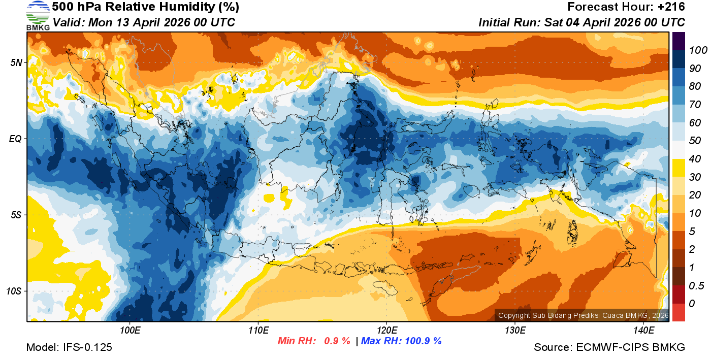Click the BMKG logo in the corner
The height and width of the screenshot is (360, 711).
click(x=38, y=15)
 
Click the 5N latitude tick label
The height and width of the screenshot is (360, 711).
click(x=16, y=63)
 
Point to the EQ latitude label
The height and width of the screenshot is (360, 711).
click(x=16, y=139)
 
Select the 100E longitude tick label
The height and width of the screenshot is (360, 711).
click(x=130, y=331)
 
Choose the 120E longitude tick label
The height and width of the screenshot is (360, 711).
click(x=386, y=331)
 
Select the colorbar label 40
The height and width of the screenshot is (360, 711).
click(x=695, y=159)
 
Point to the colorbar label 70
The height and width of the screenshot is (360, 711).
click(x=695, y=105)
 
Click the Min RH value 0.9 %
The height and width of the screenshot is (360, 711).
click(x=337, y=341)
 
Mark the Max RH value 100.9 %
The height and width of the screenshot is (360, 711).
click(x=421, y=341)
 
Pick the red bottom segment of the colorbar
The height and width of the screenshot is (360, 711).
click(x=679, y=312)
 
